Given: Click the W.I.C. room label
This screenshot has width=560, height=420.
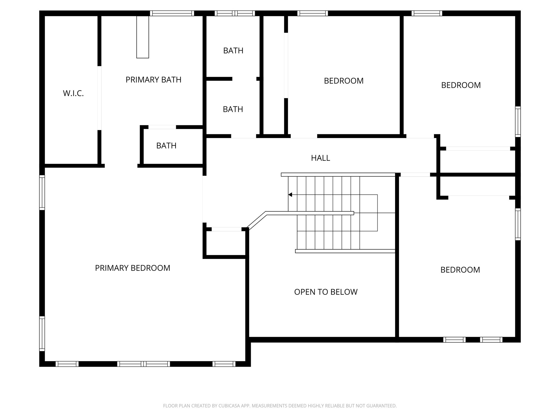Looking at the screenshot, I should (73, 94).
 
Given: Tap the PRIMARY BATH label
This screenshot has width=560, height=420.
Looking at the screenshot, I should (153, 80).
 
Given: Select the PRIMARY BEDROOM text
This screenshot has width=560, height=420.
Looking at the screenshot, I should (132, 268).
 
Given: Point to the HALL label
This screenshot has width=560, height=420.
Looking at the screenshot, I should (320, 158).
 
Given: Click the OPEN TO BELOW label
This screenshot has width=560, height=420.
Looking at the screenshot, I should (326, 292).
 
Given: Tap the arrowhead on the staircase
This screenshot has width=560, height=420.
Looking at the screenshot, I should (290, 195).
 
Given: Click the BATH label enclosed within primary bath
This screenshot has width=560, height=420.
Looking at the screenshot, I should (166, 146).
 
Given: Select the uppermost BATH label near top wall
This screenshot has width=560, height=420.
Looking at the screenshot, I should (233, 51).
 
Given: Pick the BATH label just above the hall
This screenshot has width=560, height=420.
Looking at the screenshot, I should (233, 109).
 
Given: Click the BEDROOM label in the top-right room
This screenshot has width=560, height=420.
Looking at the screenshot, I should (461, 85).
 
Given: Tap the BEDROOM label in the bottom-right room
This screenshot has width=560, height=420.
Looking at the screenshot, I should (460, 270).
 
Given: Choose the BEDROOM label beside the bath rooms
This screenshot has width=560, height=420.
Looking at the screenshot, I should (344, 81).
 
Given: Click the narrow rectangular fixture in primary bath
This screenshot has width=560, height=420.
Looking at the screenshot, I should (143, 37).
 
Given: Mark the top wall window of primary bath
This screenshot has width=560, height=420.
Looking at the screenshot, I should (172, 13).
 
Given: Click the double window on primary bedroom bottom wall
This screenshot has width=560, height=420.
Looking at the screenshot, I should (144, 364).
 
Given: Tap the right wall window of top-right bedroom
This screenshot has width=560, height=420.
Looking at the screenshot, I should (518, 121).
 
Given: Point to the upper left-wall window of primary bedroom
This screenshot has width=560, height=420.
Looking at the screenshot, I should (42, 192).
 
